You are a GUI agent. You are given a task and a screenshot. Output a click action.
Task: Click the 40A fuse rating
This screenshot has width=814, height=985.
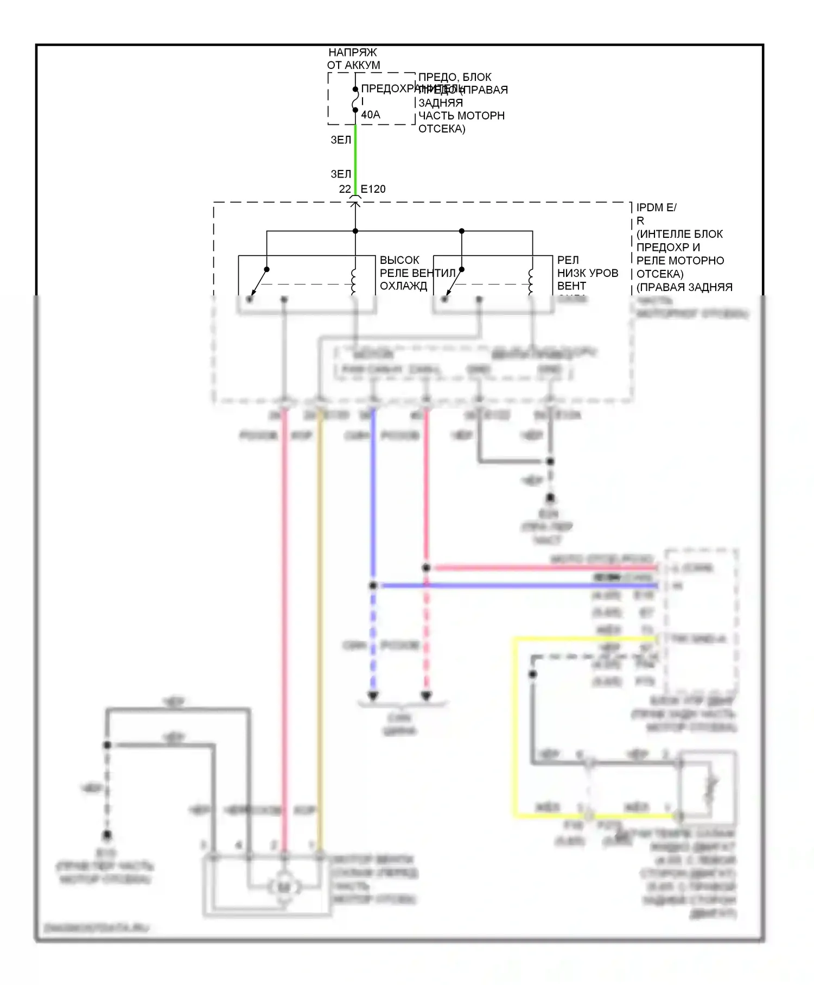tap(371, 115)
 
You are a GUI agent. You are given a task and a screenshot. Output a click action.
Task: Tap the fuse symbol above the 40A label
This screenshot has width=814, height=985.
tap(355, 99)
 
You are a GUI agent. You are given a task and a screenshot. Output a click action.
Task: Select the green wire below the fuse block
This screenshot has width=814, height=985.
tap(355, 157)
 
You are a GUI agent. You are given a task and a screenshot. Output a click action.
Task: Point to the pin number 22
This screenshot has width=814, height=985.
tap(345, 189)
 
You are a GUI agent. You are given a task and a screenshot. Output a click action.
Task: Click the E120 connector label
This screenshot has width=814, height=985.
tap(373, 189)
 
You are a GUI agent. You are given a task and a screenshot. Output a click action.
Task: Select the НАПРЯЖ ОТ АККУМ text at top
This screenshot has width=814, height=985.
tap(353, 59)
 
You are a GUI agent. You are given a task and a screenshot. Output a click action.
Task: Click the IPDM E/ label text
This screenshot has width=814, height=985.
tap(656, 207)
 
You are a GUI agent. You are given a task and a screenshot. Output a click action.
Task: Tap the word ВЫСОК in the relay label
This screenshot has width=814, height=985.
tap(399, 260)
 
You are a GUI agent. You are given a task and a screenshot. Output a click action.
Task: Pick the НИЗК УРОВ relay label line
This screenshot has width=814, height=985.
tap(588, 273)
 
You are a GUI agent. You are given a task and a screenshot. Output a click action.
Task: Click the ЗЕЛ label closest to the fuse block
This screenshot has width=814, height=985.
tap(341, 140)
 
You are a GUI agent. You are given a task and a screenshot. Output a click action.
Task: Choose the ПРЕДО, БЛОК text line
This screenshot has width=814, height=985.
tap(455, 77)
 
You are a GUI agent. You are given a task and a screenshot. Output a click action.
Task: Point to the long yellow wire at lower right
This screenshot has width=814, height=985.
tap(515, 728)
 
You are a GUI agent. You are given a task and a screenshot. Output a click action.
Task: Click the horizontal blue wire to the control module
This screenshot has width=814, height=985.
tap(516, 586)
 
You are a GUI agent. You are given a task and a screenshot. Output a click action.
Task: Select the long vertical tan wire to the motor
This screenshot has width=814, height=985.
tap(320, 624)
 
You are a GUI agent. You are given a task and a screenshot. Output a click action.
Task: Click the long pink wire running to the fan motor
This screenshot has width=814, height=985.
tap(284, 624)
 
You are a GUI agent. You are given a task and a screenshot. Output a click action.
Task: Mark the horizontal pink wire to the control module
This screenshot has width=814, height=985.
tap(543, 568)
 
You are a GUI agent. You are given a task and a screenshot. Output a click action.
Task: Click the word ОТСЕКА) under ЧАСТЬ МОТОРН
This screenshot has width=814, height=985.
tap(442, 129)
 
